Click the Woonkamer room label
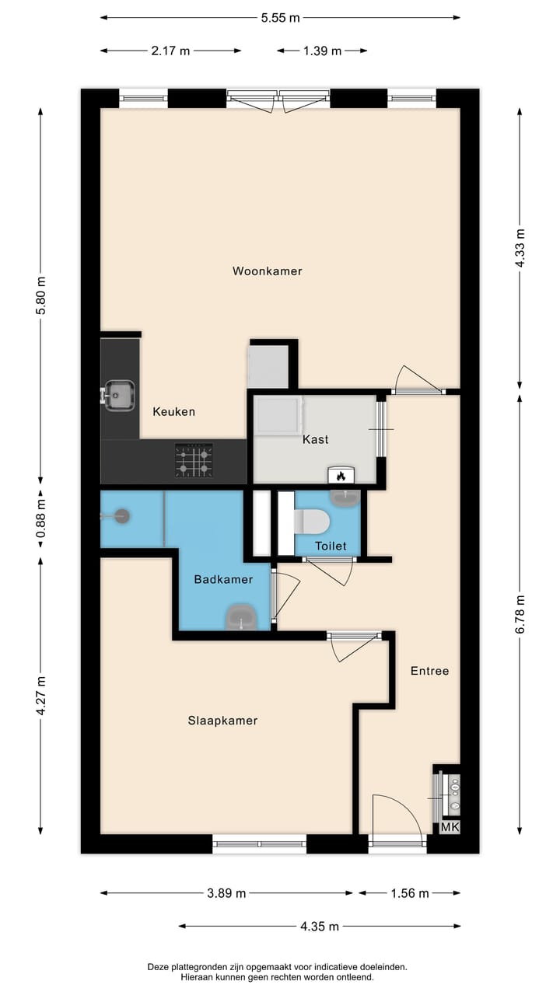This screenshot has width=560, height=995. click(x=267, y=271)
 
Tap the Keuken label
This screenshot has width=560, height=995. click(x=173, y=411)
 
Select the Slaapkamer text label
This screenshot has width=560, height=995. click(x=222, y=721)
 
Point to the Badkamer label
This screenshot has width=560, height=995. click(x=223, y=579)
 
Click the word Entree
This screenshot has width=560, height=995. click(x=429, y=671)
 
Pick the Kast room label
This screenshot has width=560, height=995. click(x=316, y=439)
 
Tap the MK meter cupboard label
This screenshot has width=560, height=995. click(x=450, y=828)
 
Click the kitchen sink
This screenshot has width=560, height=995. click(x=119, y=395)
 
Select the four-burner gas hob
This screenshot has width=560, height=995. click(x=193, y=459)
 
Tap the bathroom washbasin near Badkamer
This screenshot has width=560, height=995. click(x=241, y=618)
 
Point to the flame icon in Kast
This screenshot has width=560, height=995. click(x=340, y=476)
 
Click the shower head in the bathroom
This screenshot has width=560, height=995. click(x=120, y=515)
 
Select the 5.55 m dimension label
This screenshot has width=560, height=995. click(x=280, y=18)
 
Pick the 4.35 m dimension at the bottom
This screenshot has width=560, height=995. click(x=319, y=926)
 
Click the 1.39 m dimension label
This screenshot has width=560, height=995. click(x=322, y=51)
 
